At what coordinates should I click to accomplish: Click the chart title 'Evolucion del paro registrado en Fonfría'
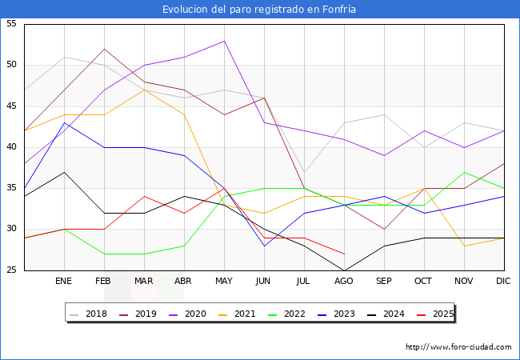[x=259, y=10]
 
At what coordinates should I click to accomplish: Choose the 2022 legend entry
[x=292, y=314]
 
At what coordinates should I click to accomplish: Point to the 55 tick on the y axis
[x=12, y=24]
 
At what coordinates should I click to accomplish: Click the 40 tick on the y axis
[x=12, y=147]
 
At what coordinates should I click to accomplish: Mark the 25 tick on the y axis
[x=12, y=270]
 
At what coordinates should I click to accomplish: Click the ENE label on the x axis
[x=64, y=282]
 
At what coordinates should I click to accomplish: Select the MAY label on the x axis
[x=224, y=282]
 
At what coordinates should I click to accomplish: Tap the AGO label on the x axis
[x=344, y=282]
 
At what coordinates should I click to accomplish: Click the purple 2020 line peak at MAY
[x=224, y=41]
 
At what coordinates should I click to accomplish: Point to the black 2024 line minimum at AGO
[x=344, y=270]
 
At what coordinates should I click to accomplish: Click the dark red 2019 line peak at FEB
[x=104, y=49]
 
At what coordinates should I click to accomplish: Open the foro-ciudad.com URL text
[x=458, y=347]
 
